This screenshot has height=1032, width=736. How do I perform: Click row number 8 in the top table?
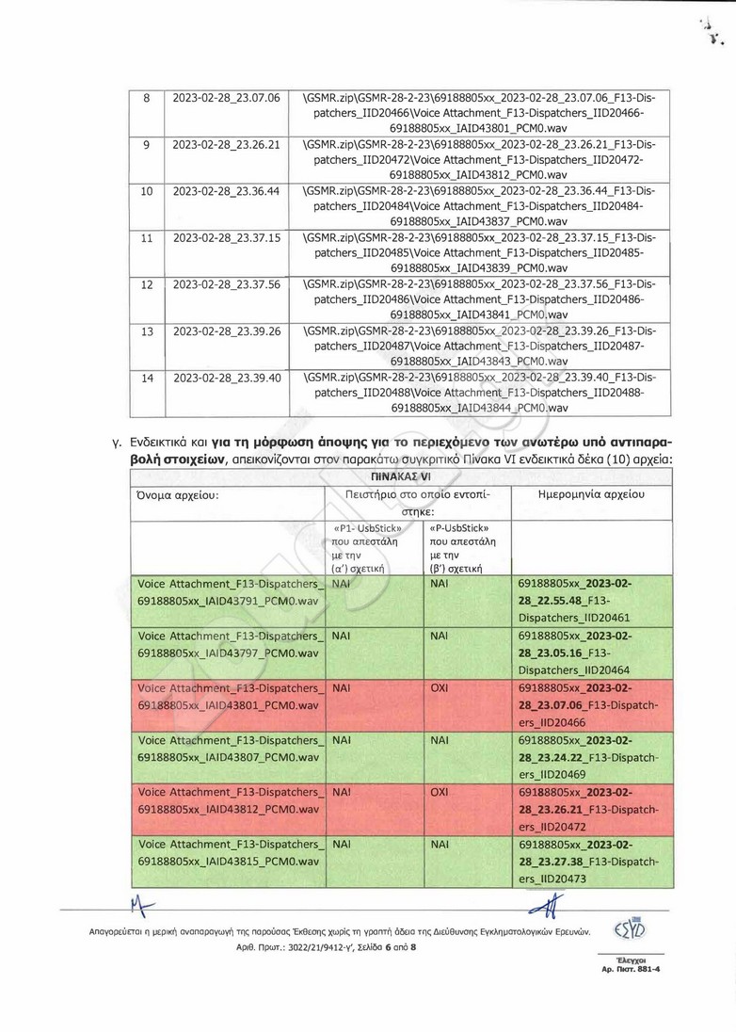pyautogui.click(x=147, y=98)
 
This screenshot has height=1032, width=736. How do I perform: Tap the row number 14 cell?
pyautogui.click(x=147, y=379)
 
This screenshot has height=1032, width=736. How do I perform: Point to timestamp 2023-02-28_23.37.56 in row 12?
pyautogui.click(x=227, y=284)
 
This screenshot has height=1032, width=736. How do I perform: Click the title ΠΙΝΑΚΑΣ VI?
pyautogui.click(x=401, y=476)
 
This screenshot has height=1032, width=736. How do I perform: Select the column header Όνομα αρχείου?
pyautogui.click(x=178, y=493)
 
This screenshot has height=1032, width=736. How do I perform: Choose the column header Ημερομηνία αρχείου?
pyautogui.click(x=590, y=493)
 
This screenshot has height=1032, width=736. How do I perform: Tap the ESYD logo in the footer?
pyautogui.click(x=630, y=929)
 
